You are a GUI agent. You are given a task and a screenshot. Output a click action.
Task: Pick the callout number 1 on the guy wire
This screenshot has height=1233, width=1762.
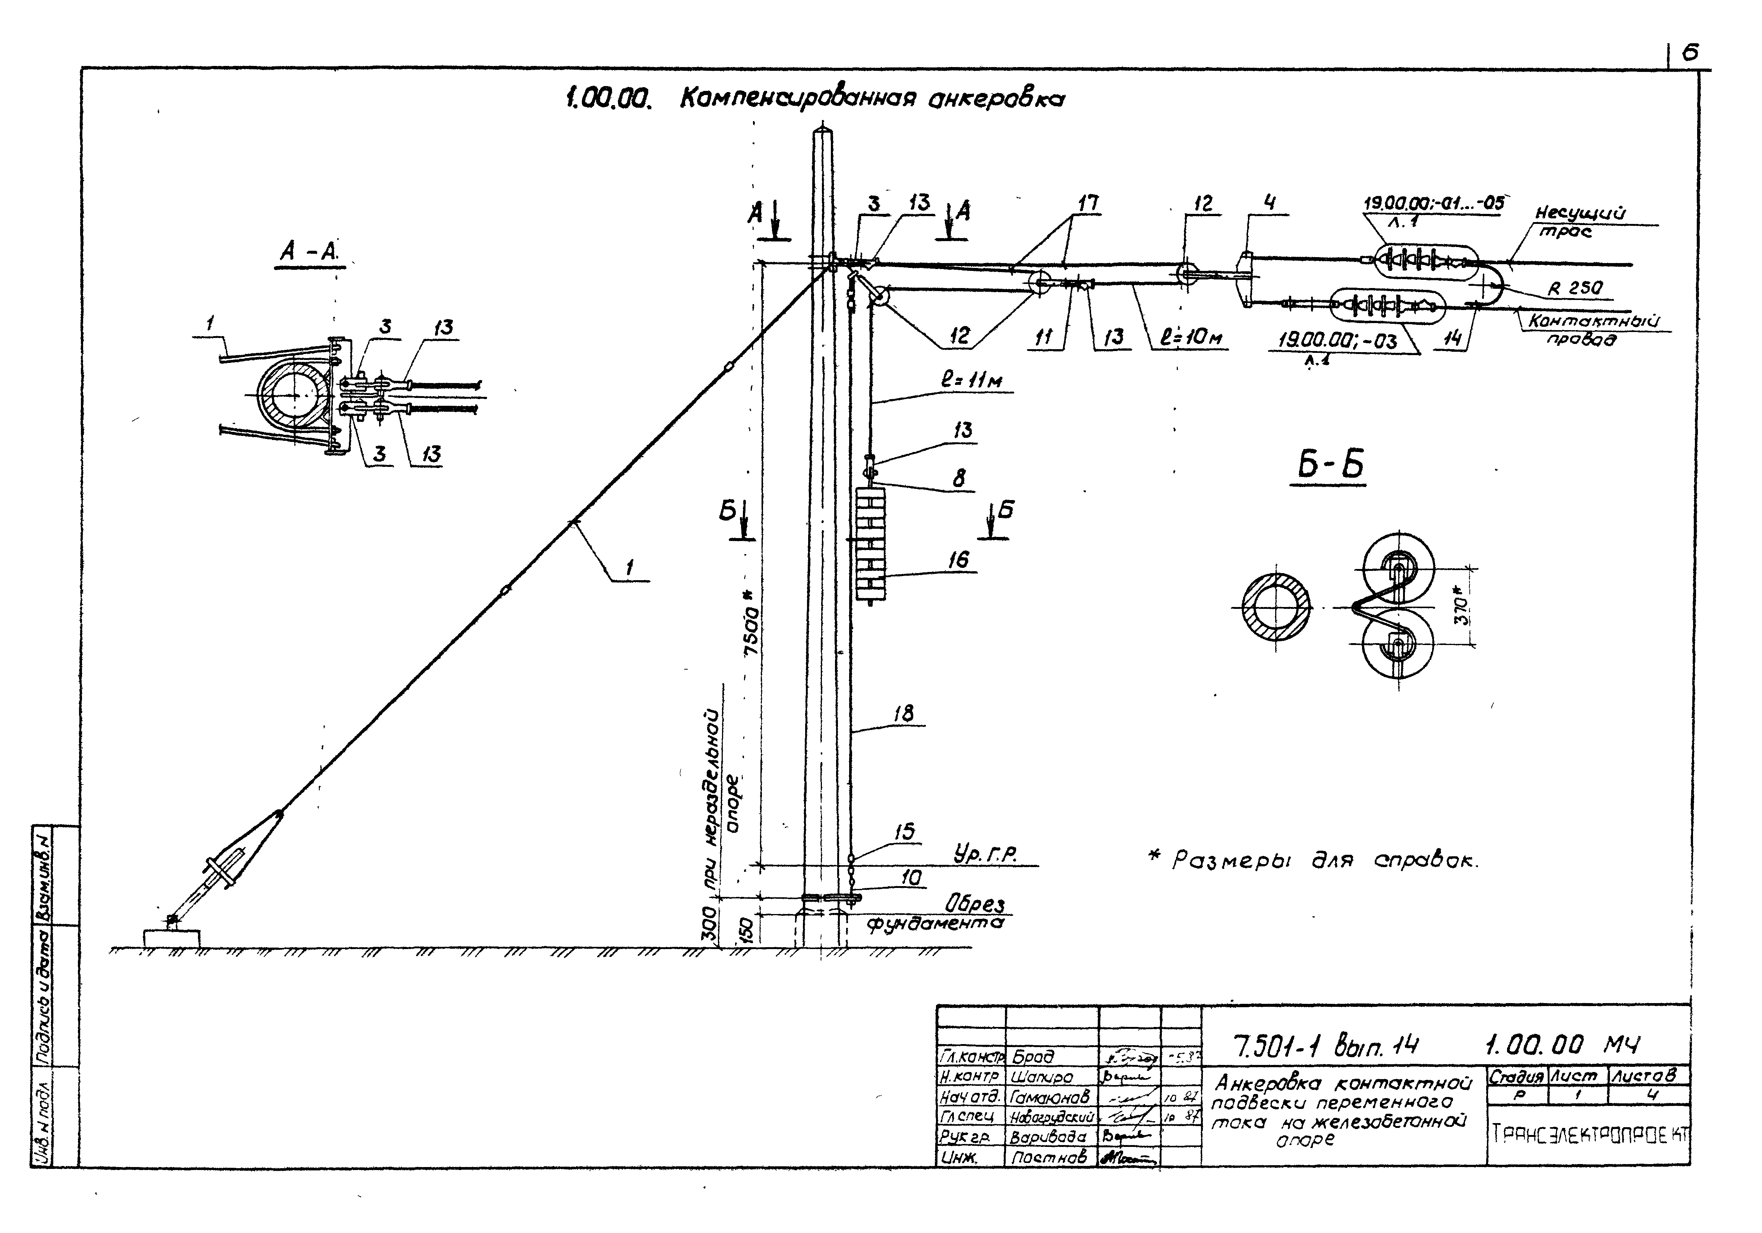pyautogui.click(x=629, y=568)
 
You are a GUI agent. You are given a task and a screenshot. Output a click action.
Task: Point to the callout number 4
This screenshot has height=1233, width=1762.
pyautogui.click(x=1270, y=203)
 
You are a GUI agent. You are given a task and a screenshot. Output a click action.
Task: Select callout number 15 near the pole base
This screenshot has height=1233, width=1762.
pyautogui.click(x=905, y=831)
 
